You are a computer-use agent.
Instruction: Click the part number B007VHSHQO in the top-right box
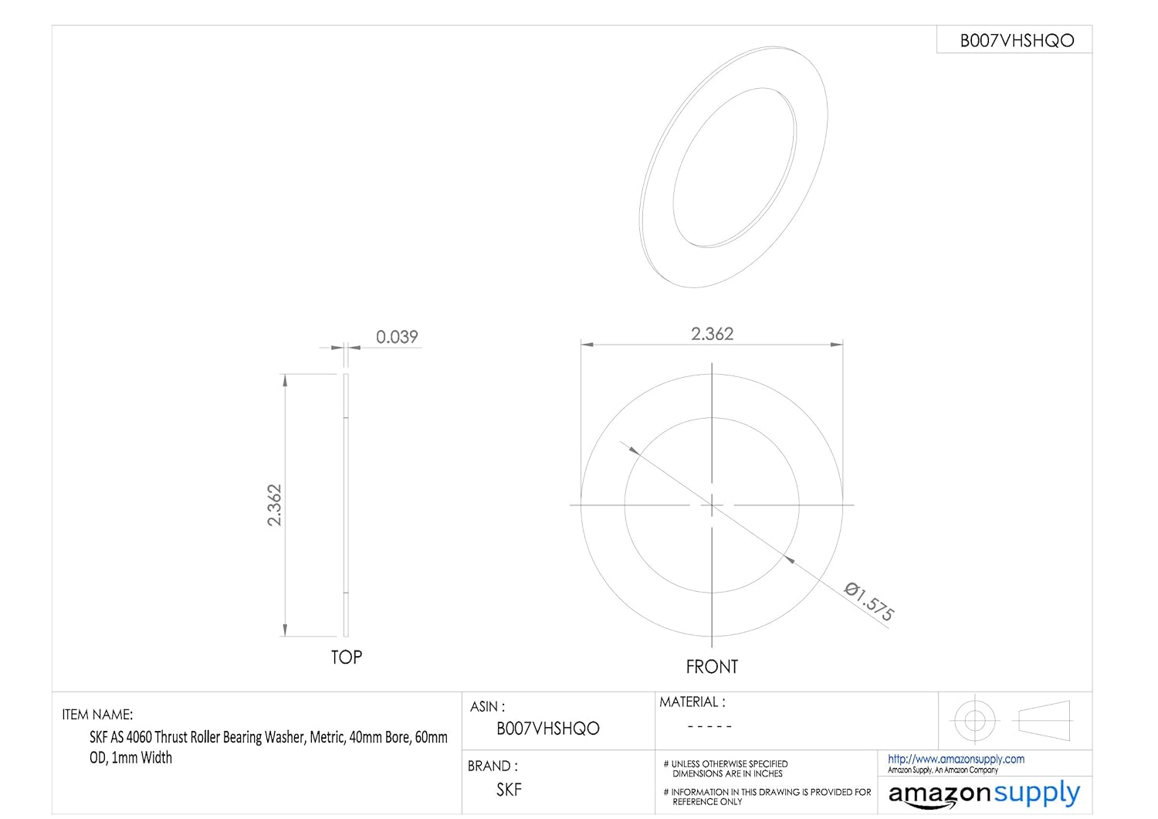1016,41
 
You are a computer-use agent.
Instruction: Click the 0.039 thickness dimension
397,337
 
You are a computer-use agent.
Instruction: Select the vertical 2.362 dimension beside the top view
275,505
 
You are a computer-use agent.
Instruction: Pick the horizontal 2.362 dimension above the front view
712,334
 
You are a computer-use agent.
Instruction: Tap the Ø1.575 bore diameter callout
869,602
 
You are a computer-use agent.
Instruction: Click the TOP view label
346,657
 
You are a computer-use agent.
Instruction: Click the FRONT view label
712,666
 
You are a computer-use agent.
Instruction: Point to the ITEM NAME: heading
97,715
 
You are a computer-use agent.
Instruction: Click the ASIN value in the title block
547,729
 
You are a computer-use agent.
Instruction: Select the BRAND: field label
493,766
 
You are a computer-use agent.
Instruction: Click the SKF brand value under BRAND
509,790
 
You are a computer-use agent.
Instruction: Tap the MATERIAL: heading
692,702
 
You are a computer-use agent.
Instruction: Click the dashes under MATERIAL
709,726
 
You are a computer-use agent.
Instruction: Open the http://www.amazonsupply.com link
956,759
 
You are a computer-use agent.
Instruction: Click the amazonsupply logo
984,794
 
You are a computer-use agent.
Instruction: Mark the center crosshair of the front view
712,505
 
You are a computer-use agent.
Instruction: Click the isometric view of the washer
733,168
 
